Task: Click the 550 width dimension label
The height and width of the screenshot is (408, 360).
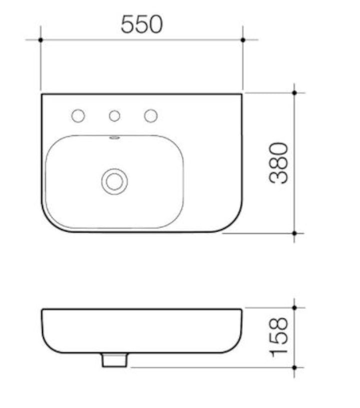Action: click(x=141, y=24)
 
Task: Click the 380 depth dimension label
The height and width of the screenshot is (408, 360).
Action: click(x=278, y=163)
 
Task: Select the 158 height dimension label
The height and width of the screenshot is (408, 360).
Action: click(x=278, y=337)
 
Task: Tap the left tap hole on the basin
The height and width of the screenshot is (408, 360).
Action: click(x=78, y=116)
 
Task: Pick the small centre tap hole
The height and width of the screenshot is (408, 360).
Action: click(x=114, y=116)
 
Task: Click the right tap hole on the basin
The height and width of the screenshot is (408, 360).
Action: click(x=151, y=116)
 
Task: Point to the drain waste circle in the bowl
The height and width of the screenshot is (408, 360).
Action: click(x=114, y=181)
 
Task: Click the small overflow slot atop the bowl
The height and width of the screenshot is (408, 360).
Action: click(x=114, y=138)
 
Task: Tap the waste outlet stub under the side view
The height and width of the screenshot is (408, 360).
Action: click(x=114, y=360)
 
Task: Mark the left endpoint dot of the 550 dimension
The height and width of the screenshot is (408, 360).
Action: click(x=40, y=40)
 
